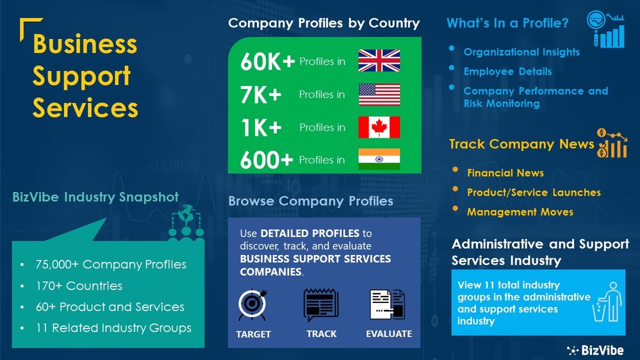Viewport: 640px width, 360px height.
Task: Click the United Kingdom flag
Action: (x=379, y=60)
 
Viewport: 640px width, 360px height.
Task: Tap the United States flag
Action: (x=379, y=94)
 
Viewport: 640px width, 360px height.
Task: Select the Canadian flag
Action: (x=379, y=127)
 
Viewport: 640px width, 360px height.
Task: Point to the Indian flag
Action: (x=379, y=159)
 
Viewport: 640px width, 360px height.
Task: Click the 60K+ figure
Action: (x=268, y=62)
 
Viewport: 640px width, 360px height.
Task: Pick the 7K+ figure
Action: (x=261, y=95)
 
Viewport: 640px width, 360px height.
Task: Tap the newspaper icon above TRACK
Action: (x=321, y=305)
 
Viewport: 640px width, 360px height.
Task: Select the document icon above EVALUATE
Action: (x=387, y=305)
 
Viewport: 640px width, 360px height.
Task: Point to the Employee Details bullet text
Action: (x=507, y=71)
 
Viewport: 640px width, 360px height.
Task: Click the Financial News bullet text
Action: (x=505, y=173)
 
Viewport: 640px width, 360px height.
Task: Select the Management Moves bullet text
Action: (x=520, y=211)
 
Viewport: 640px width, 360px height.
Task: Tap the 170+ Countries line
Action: (x=79, y=286)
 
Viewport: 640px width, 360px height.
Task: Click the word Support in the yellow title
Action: (x=81, y=76)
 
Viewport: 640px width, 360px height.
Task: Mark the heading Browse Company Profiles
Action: (x=311, y=201)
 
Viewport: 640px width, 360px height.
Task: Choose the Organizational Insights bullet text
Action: (x=521, y=52)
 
